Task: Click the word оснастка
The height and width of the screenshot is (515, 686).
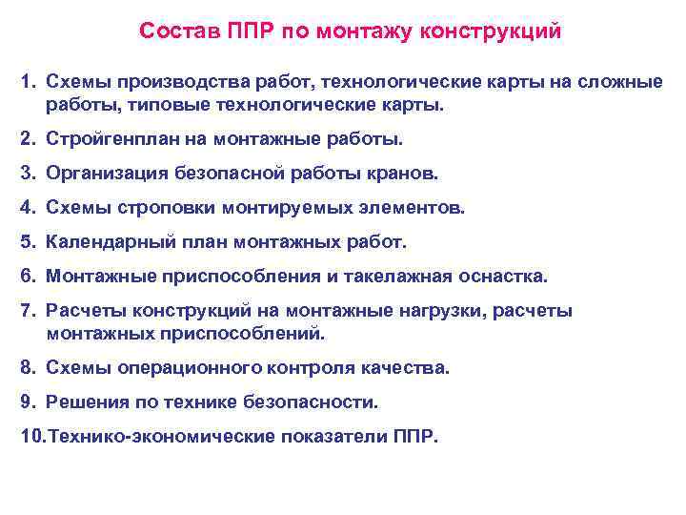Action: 501,277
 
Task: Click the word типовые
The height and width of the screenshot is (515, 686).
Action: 153,104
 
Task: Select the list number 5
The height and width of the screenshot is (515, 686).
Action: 27,242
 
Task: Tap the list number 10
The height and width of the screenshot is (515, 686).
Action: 31,437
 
